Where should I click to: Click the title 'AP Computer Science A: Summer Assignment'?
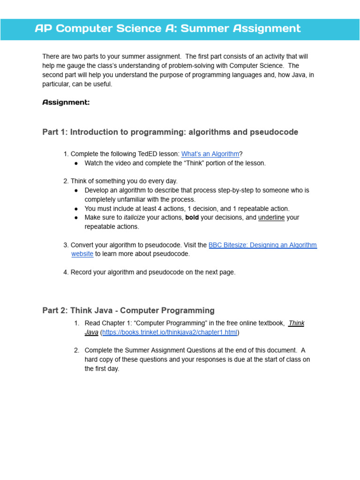168,29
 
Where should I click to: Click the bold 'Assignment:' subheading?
66,102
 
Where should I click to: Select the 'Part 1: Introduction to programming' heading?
170,132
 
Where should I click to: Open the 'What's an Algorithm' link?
210,154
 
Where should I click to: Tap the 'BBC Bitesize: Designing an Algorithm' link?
262,245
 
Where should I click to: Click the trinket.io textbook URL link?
170,332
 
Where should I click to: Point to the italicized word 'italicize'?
134,217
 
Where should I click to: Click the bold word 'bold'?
192,217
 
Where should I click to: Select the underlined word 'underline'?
271,217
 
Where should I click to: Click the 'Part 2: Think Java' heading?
128,310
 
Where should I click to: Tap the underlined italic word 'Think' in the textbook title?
296,323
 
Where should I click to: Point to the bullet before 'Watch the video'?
76,164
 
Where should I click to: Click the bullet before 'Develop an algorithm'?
76,191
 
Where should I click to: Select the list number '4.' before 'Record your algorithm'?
66,272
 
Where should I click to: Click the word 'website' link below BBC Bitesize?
82,254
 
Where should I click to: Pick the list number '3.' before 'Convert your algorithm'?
66,245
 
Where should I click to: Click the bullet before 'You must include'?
76,209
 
